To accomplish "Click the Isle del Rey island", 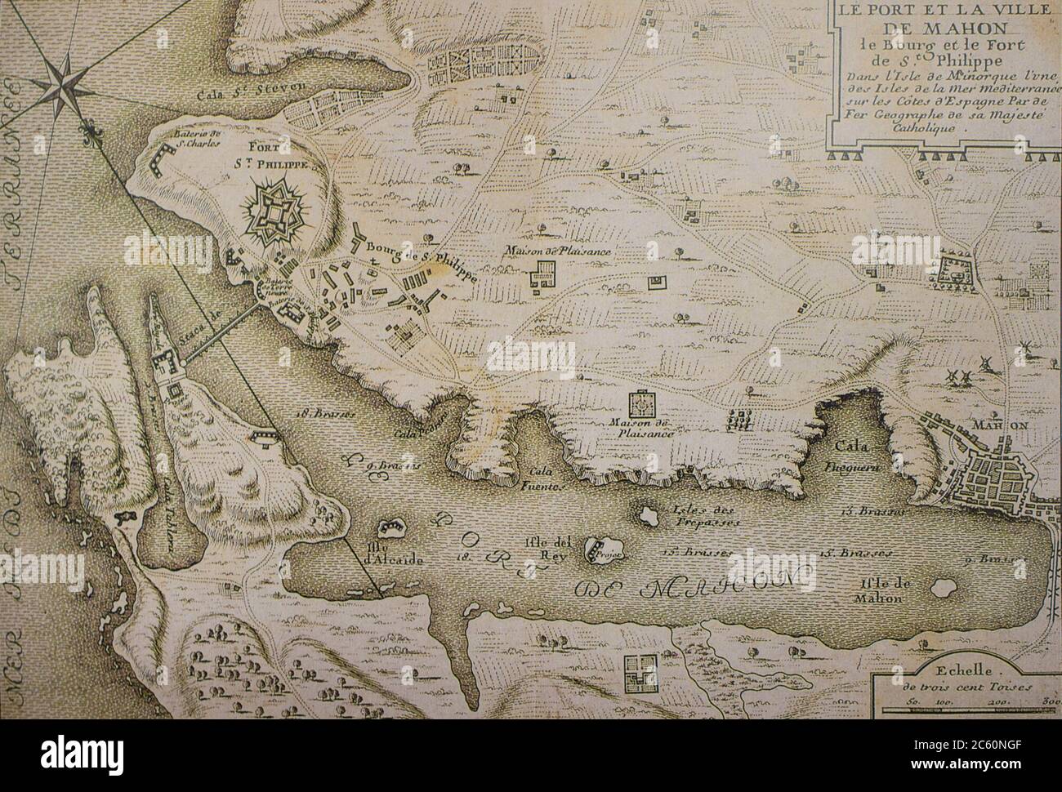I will (x=604, y=550).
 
